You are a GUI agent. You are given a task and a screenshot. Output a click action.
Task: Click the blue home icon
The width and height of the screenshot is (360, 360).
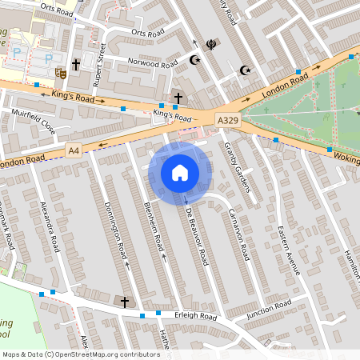(180, 173)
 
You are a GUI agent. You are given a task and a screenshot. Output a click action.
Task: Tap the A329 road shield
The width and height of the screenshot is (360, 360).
(228, 120)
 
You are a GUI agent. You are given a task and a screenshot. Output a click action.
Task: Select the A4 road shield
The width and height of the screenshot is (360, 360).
(74, 150)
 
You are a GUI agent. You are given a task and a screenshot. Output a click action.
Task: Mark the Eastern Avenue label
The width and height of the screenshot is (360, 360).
(288, 250)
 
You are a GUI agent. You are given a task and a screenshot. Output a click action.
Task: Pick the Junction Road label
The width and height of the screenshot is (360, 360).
(269, 310)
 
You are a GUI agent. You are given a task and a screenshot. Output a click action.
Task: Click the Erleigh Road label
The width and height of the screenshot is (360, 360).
(197, 317)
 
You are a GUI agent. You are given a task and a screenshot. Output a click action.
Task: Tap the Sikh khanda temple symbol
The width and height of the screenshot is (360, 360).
(210, 45)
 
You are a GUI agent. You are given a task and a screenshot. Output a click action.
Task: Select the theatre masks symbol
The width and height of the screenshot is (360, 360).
(59, 72)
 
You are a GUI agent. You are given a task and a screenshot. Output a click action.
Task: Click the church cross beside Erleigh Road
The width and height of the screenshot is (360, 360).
(123, 302)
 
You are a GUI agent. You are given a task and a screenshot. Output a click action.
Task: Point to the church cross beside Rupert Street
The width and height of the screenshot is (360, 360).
(76, 63)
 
